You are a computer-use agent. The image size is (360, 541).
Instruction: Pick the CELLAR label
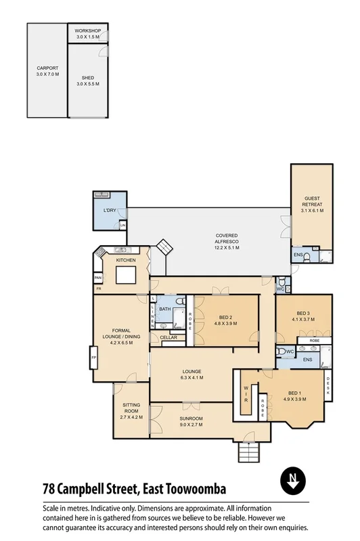168,337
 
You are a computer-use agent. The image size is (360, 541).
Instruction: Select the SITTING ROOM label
131,411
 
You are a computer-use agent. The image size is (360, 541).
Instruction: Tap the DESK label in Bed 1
328,385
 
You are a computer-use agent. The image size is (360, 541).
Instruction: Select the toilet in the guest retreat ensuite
307,257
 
